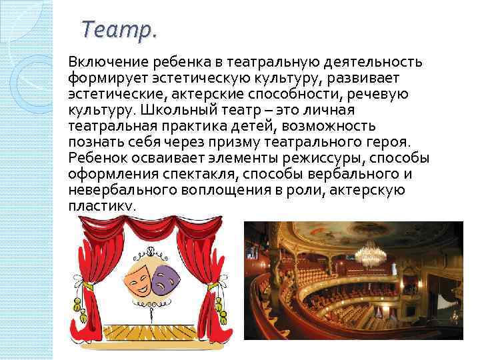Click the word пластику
pyautogui.click(x=101, y=205)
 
